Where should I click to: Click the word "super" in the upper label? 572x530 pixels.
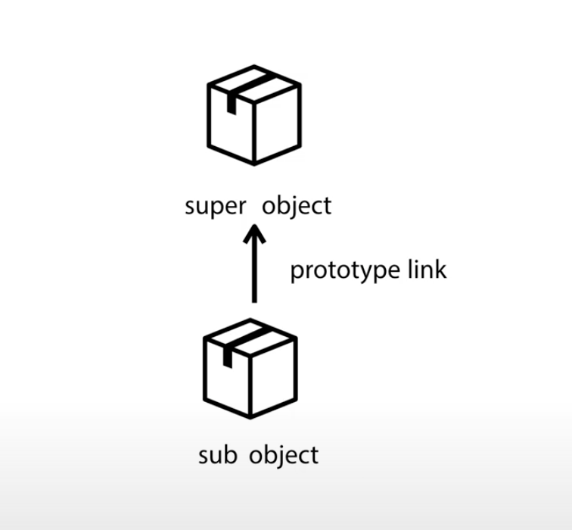pos(213,206)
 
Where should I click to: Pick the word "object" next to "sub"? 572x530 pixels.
pos(284,455)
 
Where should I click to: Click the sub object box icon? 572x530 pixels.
pos(250,368)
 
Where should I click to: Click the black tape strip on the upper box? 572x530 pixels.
pos(241,91)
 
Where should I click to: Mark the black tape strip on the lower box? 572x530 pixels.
pos(237,344)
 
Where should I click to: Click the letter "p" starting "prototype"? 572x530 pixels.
pos(297,272)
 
